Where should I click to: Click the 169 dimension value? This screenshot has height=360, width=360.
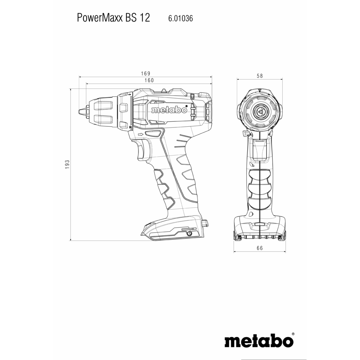(145, 73)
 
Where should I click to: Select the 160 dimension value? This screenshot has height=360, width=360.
(149, 80)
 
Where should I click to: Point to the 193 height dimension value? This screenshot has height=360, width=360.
(67, 165)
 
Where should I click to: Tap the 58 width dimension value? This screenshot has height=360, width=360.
(260, 76)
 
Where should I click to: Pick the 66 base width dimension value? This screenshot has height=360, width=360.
(260, 248)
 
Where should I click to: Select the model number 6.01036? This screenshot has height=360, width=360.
(180, 18)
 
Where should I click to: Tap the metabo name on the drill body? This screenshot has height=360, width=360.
(169, 110)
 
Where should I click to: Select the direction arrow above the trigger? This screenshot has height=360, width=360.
(140, 134)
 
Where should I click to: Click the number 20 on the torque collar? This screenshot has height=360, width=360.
(130, 127)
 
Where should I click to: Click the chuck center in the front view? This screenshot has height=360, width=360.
(260, 112)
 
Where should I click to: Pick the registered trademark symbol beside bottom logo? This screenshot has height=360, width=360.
(293, 334)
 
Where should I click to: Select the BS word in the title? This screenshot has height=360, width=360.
(131, 18)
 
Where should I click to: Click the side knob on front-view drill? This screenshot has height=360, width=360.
(245, 133)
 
